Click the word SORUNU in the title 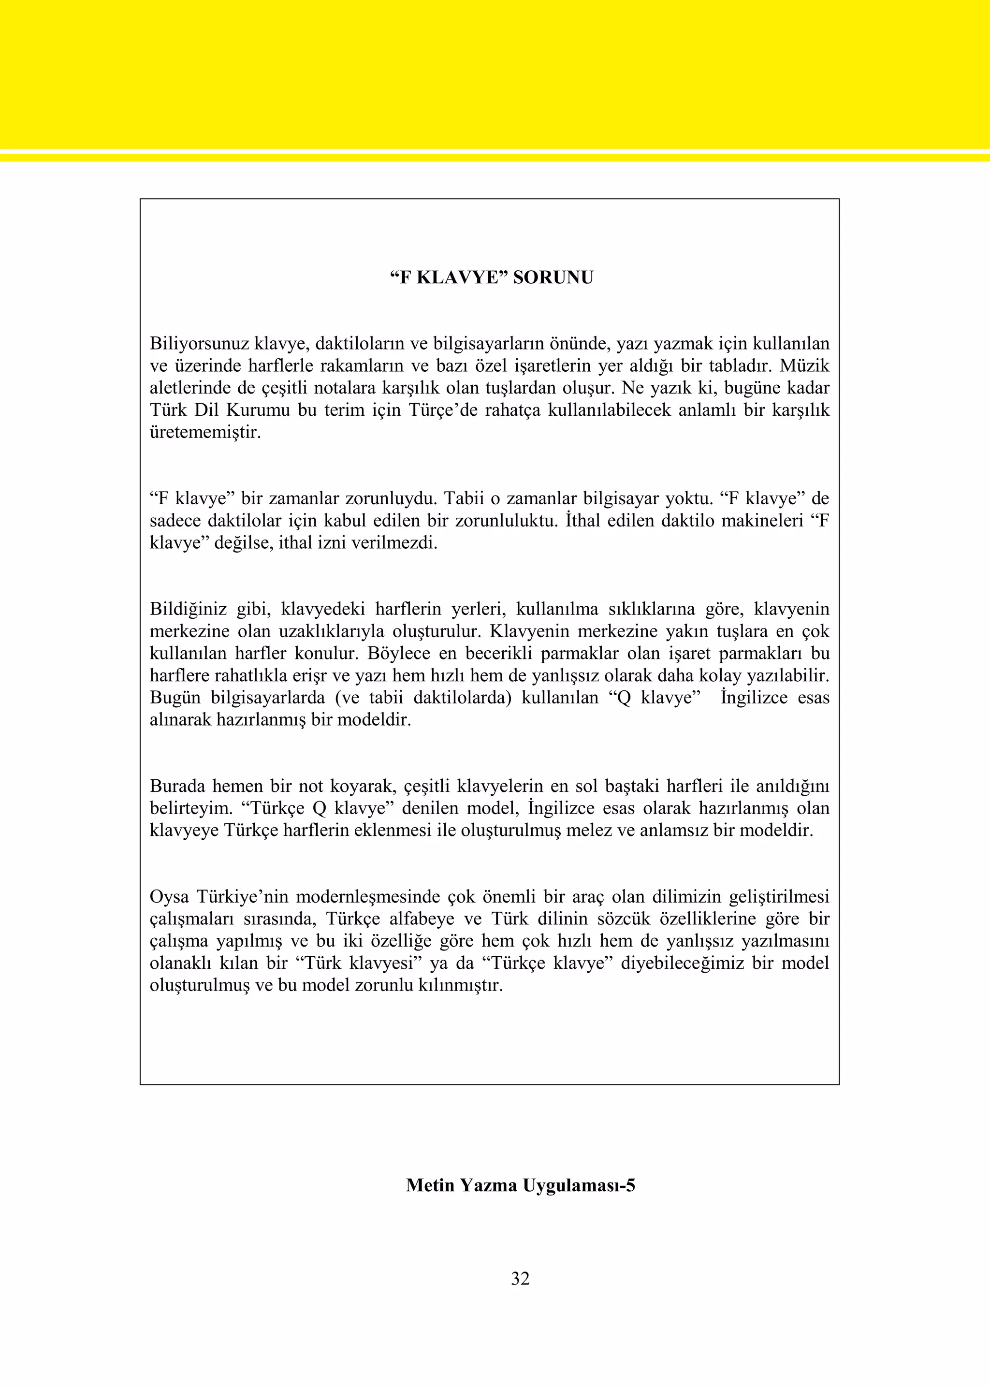coord(553,278)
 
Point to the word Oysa coord(169,897)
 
